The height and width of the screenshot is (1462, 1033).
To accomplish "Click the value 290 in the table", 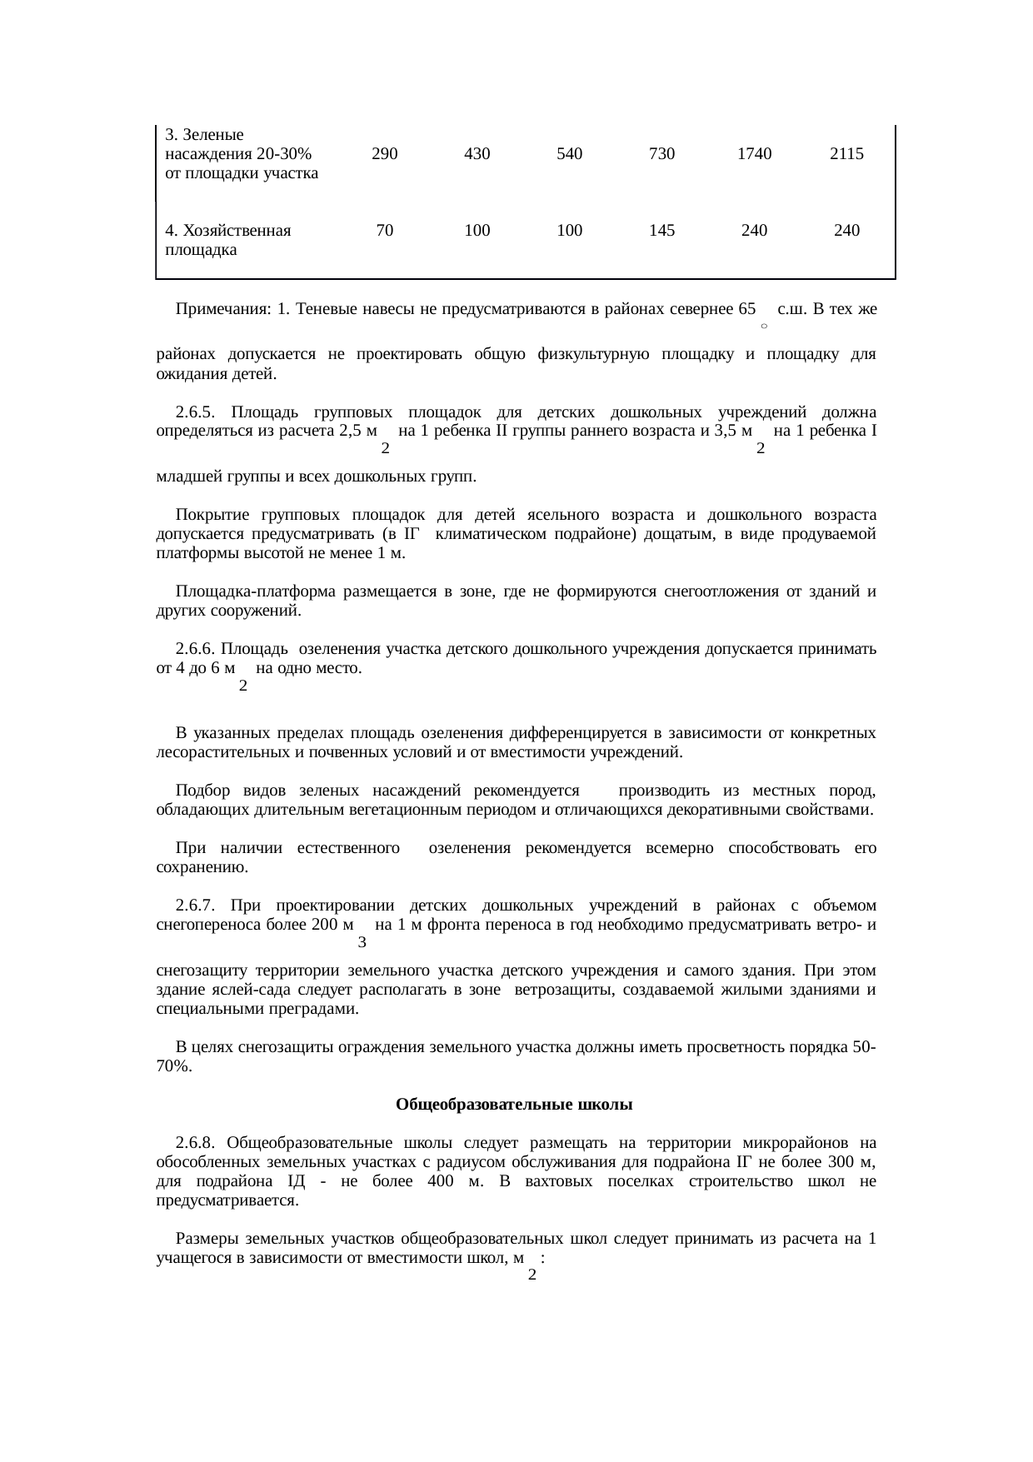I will [384, 154].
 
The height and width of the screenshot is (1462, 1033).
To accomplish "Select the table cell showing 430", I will [477, 154].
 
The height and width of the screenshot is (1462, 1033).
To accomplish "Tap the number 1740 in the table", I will [754, 154].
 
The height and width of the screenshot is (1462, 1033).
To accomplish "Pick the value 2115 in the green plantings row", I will [846, 154].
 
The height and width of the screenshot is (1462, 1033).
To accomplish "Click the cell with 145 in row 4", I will [661, 231].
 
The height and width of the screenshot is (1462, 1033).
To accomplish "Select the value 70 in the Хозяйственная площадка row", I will [384, 231].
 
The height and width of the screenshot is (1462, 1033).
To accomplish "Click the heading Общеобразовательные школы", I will [515, 1105].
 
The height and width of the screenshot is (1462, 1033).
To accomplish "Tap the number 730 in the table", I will [661, 154].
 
